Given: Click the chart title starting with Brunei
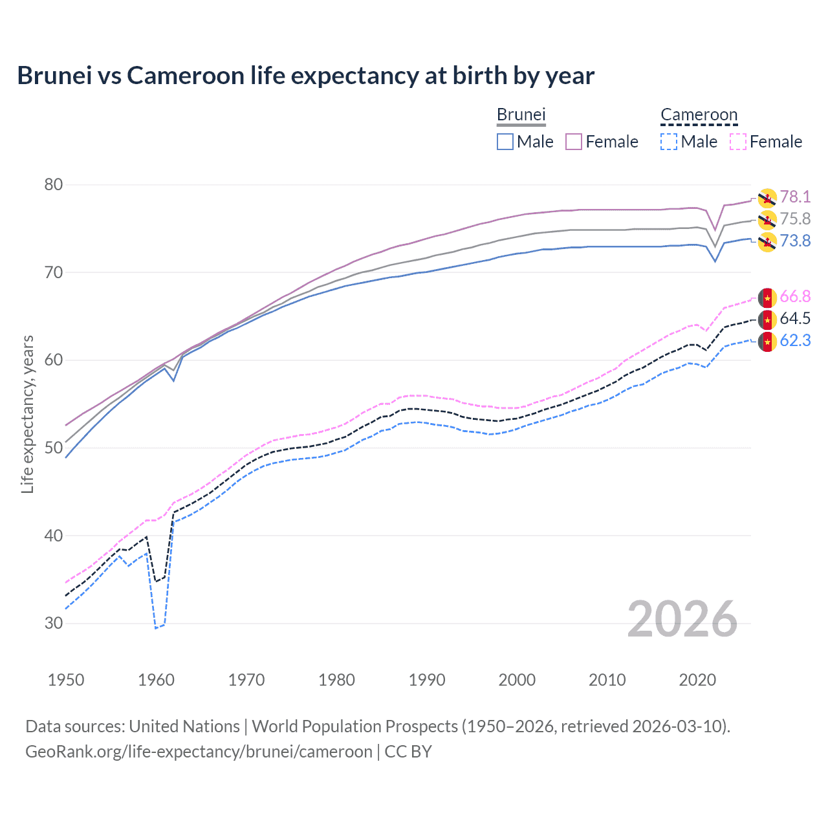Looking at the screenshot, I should coord(305,76).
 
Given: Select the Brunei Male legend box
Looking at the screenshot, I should coord(505,142).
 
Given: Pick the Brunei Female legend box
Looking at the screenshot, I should coord(574,142).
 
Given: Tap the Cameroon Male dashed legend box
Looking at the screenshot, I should coord(669,142).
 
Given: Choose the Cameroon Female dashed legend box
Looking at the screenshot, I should coord(738,142).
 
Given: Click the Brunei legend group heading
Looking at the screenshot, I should coord(521,114).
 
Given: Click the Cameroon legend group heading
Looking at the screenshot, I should coord(699,114).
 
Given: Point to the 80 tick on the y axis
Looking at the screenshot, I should coord(54,185).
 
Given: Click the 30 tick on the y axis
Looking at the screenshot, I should coord(54,624).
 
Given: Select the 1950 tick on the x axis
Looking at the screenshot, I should coord(66,680).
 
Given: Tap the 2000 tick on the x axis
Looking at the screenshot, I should coord(517,680).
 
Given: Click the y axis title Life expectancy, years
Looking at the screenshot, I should coord(28,414).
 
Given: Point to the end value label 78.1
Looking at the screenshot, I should coord(795,197).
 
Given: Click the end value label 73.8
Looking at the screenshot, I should coord(795,241).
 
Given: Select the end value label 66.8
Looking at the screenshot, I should coord(795,297).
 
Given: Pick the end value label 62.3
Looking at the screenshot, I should coord(795,341).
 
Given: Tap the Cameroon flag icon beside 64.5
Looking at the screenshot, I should coord(767,320).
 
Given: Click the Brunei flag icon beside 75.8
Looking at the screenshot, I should coord(767,220).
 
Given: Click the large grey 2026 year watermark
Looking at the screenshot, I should coord(682,619).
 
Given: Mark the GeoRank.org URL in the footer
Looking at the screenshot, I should coord(199,752).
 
